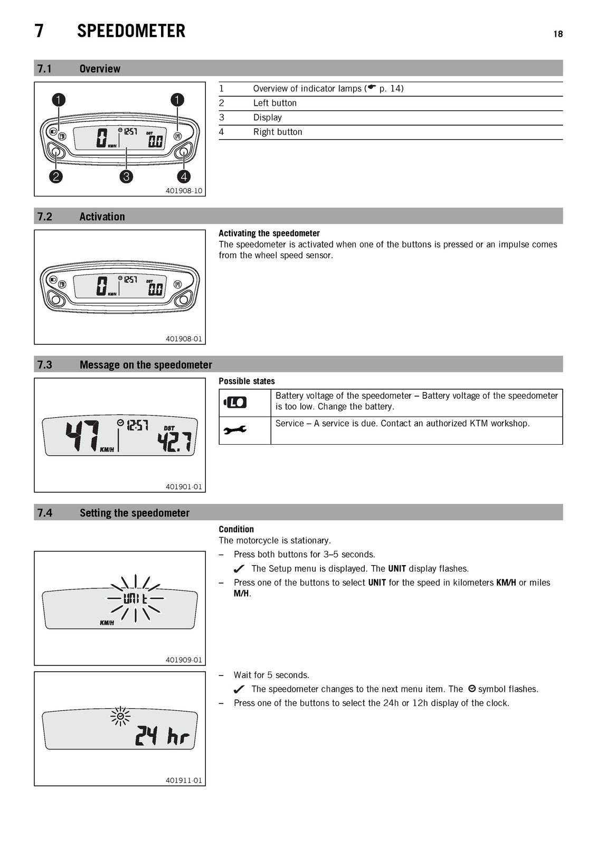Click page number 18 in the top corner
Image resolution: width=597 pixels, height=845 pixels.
tap(558, 34)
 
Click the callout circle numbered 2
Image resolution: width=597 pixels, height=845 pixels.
tap(56, 176)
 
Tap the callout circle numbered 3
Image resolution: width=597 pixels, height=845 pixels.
tap(126, 176)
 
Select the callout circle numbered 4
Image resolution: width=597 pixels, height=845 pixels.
tap(184, 176)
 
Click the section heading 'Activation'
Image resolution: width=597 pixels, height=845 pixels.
tap(102, 217)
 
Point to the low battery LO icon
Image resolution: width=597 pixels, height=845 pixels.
tap(235, 402)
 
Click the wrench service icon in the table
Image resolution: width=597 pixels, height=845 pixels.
tap(235, 430)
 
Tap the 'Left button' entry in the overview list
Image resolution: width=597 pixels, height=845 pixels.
tap(274, 103)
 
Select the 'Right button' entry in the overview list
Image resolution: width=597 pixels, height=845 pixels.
tap(278, 132)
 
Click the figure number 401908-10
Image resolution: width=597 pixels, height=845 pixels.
tap(184, 191)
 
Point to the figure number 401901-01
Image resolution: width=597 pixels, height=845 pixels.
tap(184, 486)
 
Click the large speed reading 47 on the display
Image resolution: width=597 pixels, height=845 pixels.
tap(82, 435)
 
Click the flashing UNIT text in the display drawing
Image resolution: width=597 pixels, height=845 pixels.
tap(135, 598)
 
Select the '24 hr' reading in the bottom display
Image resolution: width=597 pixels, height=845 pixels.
tap(162, 736)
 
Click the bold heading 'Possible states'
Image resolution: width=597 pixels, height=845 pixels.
tap(247, 381)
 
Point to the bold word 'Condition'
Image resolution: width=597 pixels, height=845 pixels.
tap(236, 529)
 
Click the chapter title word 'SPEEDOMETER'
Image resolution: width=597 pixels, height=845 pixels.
tap(131, 31)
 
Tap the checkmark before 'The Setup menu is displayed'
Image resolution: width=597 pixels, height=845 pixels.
tap(239, 568)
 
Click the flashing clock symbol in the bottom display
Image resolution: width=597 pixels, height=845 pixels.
tap(120, 716)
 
